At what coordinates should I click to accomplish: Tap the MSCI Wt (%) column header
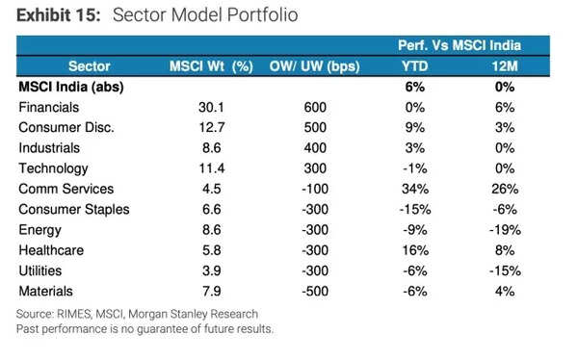211,66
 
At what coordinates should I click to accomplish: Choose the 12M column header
503,66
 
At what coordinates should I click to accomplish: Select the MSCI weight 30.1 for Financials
210,107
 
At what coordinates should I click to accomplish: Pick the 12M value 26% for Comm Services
503,189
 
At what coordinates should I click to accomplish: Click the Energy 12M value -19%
503,229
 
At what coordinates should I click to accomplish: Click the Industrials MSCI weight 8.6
210,147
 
